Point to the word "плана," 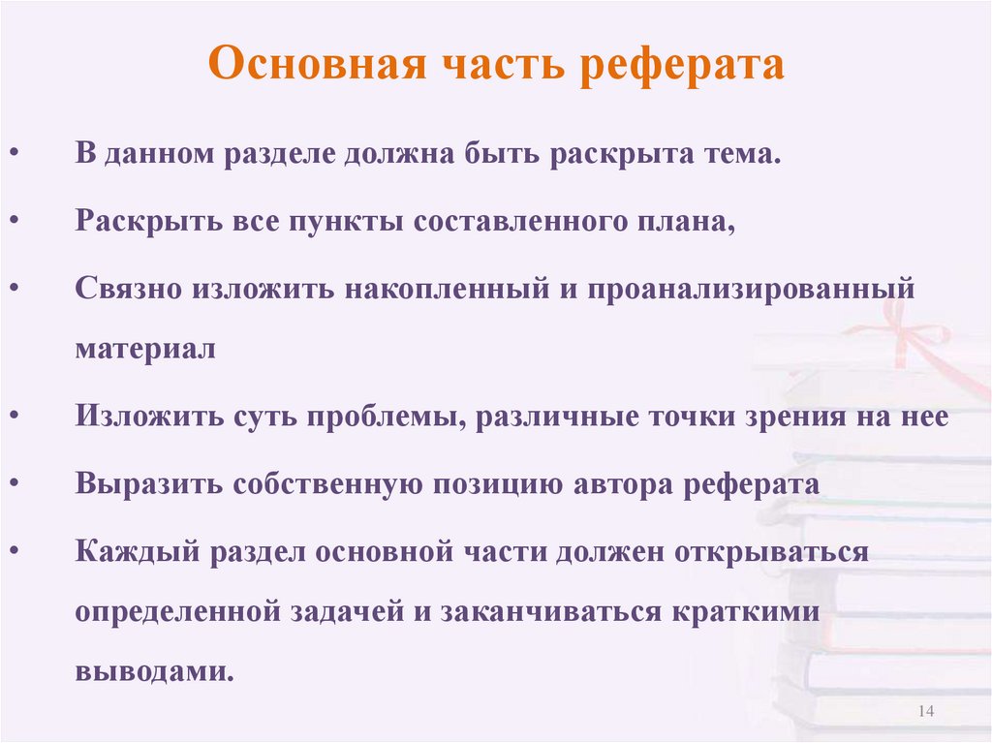coord(687,222)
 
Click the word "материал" coord(145,349)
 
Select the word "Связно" coord(128,288)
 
